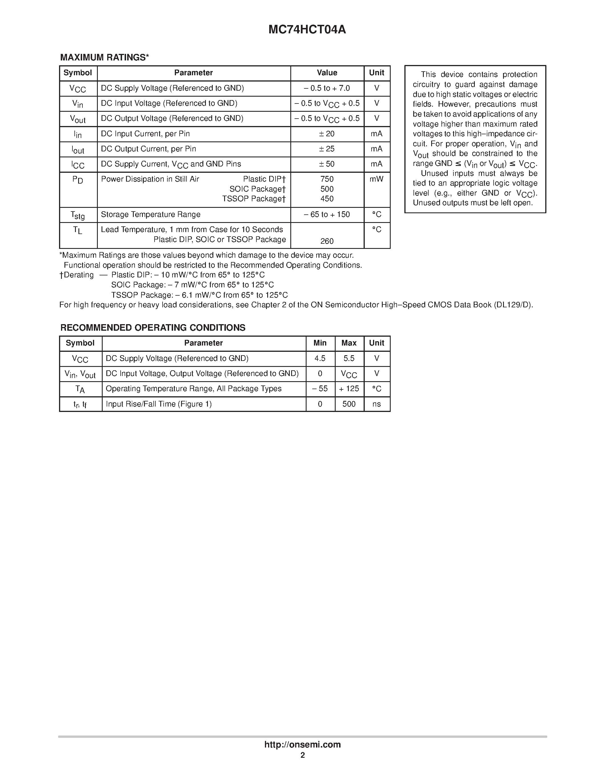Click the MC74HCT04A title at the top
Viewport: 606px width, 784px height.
307,29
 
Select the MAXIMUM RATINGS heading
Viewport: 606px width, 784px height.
104,57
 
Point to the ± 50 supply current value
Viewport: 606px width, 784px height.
327,164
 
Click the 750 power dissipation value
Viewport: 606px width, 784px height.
327,179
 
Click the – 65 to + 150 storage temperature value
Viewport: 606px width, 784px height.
327,215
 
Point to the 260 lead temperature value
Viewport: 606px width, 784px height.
327,241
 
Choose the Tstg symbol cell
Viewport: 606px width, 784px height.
78,215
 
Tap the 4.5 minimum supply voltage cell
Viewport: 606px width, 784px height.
320,359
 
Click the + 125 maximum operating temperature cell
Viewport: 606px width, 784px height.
349,389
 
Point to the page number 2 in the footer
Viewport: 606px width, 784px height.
303,755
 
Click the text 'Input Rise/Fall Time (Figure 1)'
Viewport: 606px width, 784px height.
159,404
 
